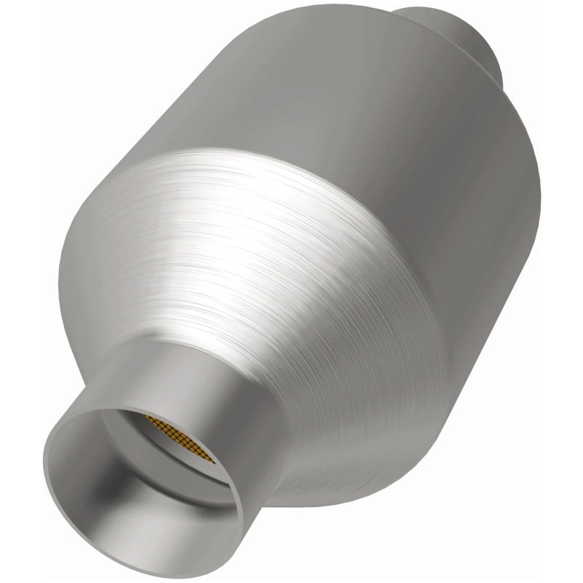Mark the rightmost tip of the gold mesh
[x=216, y=458]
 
